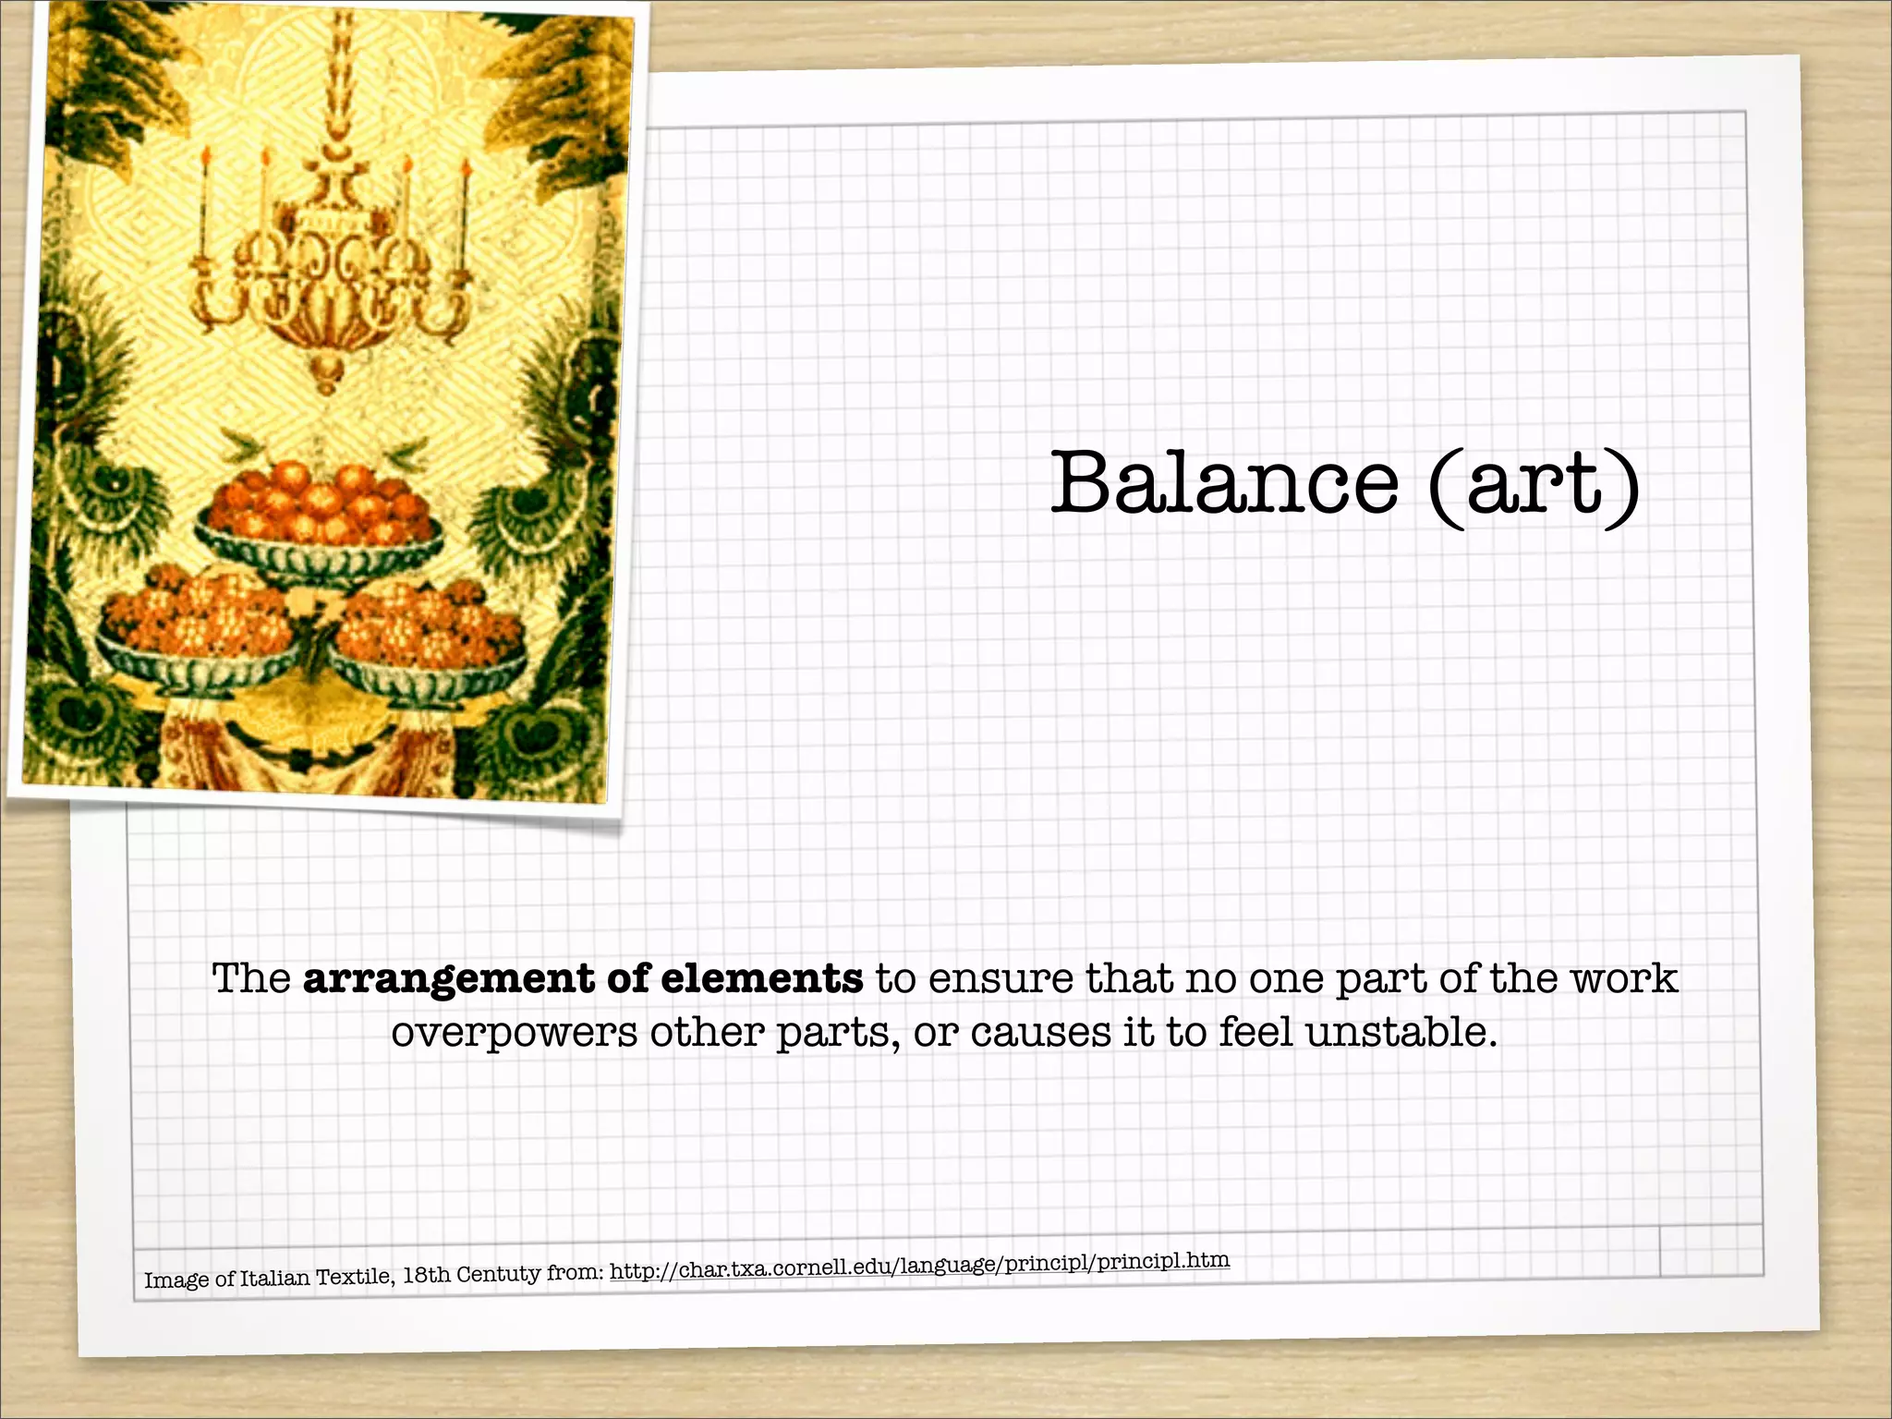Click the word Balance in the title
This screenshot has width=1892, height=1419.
click(x=1224, y=483)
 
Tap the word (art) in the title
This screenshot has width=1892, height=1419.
click(x=1534, y=485)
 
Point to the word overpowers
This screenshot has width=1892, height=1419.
click(x=514, y=1033)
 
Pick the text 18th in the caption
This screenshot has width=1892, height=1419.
click(x=426, y=1275)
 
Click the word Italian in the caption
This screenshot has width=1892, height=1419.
click(x=274, y=1278)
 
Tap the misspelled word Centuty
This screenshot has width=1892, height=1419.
click(x=498, y=1274)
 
